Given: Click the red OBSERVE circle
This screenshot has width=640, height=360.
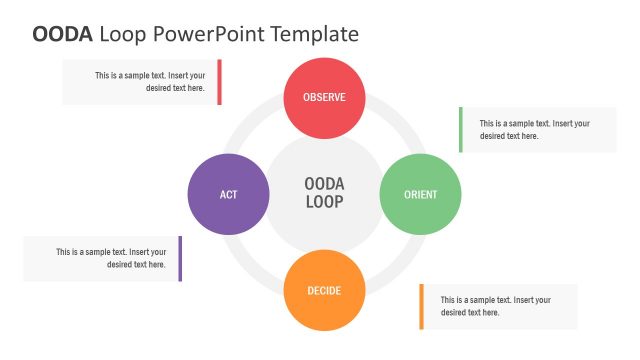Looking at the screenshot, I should coord(324,97).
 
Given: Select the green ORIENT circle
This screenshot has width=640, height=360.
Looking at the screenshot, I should coord(420,194).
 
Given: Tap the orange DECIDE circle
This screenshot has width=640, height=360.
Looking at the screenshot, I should coord(324,290).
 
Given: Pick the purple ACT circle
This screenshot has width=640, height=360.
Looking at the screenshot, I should coord(228,194).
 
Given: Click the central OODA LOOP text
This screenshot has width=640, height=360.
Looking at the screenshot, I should coord(324,193).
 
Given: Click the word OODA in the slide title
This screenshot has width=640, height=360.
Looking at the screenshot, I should coord(63,34).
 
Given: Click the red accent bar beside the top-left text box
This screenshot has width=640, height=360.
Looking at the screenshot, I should coord(219,82).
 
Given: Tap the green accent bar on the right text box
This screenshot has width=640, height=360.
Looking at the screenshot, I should coord(461,130).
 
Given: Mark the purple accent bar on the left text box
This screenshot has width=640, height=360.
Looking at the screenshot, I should coord(180,258).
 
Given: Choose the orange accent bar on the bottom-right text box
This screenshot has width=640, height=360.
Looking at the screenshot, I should coord(422,306).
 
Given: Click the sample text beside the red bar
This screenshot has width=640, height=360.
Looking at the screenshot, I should coord(150,82).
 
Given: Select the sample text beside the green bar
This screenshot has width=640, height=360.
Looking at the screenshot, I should coord(534,130).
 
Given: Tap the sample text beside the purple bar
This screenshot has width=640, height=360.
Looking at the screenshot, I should coord(110,258).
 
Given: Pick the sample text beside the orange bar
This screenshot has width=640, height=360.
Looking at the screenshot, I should coord(495,306).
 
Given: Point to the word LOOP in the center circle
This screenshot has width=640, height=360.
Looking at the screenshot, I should coord(324,202).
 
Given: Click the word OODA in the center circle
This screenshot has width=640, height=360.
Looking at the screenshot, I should coord(324,184).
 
